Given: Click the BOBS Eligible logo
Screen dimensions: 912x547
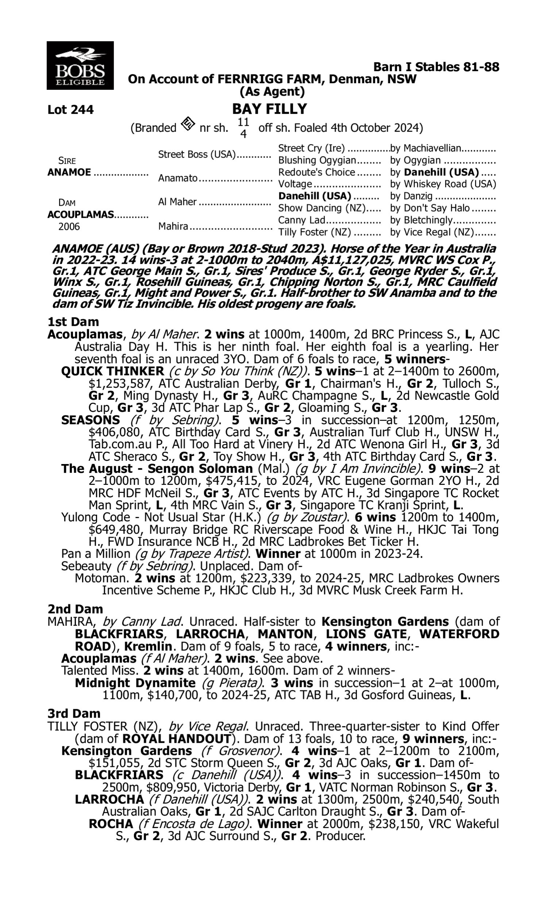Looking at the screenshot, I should pyautogui.click(x=80, y=65).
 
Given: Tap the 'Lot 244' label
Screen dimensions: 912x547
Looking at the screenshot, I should pyautogui.click(x=70, y=109).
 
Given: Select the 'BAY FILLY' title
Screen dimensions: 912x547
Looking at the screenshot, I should pyautogui.click(x=269, y=109).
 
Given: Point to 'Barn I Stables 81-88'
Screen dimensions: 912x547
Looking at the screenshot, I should pyautogui.click(x=436, y=67).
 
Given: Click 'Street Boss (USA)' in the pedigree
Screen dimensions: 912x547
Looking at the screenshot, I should pyautogui.click(x=197, y=154).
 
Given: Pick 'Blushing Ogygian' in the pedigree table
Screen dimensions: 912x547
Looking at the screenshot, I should pyautogui.click(x=317, y=161).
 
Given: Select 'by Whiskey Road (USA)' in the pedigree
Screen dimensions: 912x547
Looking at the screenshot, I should pyautogui.click(x=443, y=184).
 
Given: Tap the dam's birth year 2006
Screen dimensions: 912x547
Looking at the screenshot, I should pyautogui.click(x=69, y=226).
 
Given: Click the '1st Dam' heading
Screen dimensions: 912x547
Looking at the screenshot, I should pyautogui.click(x=73, y=322).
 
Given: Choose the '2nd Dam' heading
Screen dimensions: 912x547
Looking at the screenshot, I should pyautogui.click(x=75, y=609).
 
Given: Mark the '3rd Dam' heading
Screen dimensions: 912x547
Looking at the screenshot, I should pyautogui.click(x=74, y=714).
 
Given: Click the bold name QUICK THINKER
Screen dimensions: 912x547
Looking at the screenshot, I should pyautogui.click(x=112, y=371).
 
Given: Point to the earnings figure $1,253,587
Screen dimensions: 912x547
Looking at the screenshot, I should pyautogui.click(x=120, y=383).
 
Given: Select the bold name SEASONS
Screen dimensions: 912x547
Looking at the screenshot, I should pyautogui.click(x=90, y=420).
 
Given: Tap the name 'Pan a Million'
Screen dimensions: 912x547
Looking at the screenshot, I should pyautogui.click(x=96, y=554).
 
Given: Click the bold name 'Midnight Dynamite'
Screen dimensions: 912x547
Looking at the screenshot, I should pyautogui.click(x=135, y=683).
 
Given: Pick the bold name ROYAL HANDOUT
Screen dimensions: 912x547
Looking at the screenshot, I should pyautogui.click(x=176, y=739).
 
